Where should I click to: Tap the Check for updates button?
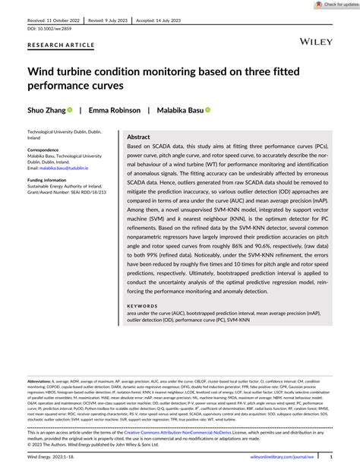pos(330,5)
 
